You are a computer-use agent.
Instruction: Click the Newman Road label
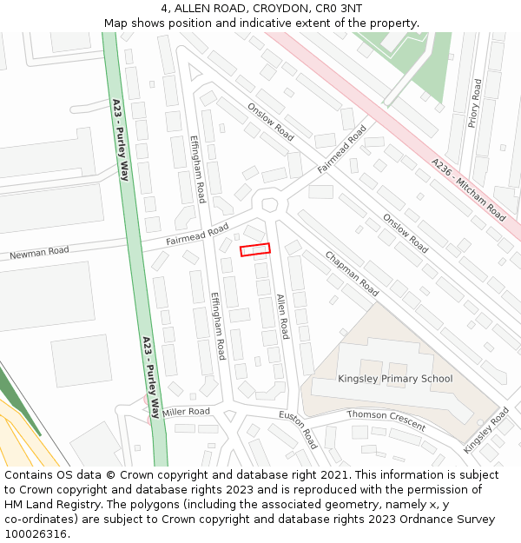coord(39,253)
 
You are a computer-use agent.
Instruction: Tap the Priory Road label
coord(474,103)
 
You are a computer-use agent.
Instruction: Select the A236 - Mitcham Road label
coord(468,189)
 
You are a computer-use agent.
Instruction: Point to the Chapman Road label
coord(352,274)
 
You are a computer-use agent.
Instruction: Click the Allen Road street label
coord(282,316)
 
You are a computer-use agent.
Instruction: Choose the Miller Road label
coord(186,412)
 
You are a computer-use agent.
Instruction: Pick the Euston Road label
coord(298,429)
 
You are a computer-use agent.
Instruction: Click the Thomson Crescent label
coord(386,420)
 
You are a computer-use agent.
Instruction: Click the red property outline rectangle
coord(255,250)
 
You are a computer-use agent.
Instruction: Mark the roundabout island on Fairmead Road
coord(269,205)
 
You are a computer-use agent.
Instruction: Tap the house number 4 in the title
coord(164,9)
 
